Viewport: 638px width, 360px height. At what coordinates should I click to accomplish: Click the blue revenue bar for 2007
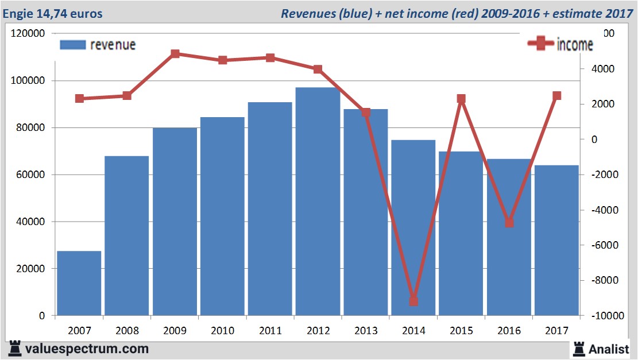click(x=79, y=283)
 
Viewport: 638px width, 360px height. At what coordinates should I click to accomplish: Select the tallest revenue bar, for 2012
click(x=318, y=201)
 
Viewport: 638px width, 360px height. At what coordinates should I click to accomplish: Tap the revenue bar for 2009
click(x=175, y=221)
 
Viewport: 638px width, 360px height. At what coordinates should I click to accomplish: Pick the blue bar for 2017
click(x=556, y=240)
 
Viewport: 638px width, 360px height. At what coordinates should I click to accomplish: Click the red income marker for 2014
click(x=413, y=301)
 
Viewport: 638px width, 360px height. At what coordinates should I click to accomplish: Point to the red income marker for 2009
click(x=175, y=54)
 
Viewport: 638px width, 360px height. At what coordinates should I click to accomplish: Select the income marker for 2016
click(x=509, y=223)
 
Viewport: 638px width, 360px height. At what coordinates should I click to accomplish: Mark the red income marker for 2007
click(x=79, y=99)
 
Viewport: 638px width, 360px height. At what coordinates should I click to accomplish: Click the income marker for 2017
click(x=556, y=96)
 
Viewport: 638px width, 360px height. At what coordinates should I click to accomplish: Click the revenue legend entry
click(x=98, y=45)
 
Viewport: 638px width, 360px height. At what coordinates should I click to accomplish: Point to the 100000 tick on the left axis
click(x=28, y=81)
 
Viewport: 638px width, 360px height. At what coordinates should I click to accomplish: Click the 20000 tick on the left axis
click(x=30, y=269)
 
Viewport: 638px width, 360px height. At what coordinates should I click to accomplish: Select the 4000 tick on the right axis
click(x=603, y=69)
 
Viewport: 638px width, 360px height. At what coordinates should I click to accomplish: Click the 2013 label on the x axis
click(x=366, y=331)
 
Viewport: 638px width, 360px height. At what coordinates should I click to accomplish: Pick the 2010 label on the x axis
click(x=223, y=331)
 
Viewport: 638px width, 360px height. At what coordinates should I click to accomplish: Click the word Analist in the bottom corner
click(x=609, y=349)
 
